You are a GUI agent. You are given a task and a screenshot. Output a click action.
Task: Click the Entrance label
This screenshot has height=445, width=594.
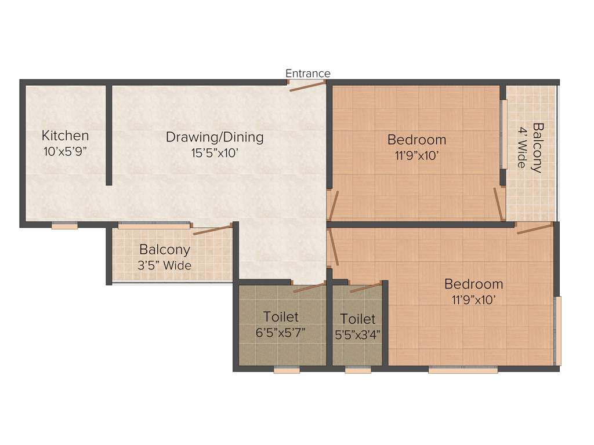click(307, 74)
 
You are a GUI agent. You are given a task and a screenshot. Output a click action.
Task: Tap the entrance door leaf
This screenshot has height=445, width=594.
click(307, 86)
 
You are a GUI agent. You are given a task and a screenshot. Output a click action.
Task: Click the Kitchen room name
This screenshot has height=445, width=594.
click(65, 136)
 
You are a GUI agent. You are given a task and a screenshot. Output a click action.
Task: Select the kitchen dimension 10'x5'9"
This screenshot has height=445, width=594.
click(65, 151)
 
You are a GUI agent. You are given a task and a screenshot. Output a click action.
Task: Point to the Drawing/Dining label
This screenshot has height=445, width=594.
click(215, 137)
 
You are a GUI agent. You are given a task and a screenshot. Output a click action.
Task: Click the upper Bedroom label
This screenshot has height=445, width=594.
click(416, 140)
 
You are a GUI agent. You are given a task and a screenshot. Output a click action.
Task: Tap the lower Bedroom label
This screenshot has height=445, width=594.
click(473, 284)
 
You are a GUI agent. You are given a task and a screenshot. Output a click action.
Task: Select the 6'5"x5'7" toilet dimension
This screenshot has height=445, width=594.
click(281, 333)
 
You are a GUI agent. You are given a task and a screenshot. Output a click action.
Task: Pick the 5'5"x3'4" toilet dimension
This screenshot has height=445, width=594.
click(357, 334)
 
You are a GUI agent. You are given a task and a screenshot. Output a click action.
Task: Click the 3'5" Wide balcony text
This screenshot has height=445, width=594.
click(165, 266)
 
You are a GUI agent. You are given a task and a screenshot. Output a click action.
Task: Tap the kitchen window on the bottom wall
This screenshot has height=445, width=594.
click(64, 226)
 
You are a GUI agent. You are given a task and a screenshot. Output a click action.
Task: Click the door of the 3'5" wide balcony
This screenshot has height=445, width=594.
click(213, 229)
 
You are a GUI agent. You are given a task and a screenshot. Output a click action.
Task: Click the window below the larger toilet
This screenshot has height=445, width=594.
click(287, 370)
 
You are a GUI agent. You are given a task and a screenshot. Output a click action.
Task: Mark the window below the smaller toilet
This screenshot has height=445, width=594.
click(357, 370)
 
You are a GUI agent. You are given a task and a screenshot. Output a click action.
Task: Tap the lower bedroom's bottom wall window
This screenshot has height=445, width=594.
click(463, 370)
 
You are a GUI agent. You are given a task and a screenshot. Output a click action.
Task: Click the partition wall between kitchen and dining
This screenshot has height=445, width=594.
click(108, 135)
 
